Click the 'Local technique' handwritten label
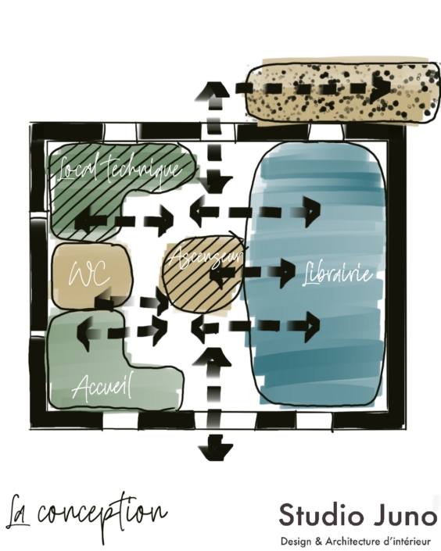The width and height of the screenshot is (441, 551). [120, 170]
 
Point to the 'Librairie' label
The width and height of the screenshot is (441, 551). [337, 274]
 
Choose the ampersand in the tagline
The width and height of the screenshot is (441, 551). [318, 541]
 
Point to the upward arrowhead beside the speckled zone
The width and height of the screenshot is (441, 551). [213, 90]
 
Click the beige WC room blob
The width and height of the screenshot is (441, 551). [92, 276]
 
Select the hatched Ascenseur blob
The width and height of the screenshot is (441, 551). [203, 274]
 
